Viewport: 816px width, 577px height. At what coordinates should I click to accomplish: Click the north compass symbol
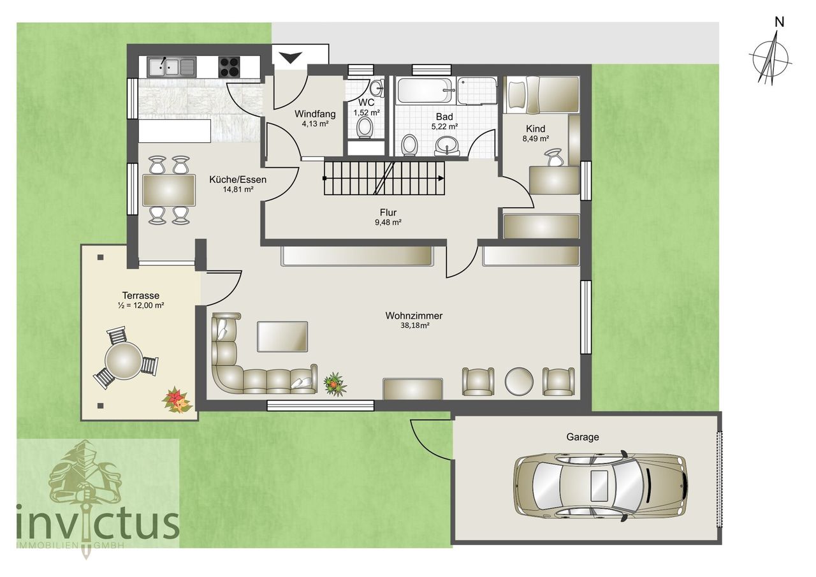(771, 58)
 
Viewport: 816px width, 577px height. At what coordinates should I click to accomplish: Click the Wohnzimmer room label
(414, 316)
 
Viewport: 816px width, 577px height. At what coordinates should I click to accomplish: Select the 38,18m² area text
(414, 326)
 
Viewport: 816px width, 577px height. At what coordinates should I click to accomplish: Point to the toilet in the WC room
(365, 127)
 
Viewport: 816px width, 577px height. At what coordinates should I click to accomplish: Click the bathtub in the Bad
(425, 91)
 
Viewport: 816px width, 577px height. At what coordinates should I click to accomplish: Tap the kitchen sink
(171, 66)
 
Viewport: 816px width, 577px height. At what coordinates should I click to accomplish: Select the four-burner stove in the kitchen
(229, 67)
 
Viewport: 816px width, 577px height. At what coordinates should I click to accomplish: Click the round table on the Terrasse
(124, 361)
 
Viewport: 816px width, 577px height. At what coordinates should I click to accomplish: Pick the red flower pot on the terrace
(177, 400)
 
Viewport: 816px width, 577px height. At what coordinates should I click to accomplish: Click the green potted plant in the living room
(335, 384)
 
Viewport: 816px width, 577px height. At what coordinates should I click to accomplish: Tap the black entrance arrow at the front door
(291, 58)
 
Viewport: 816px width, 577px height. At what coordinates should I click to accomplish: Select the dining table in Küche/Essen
(169, 190)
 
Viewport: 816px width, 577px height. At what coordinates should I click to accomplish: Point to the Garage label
(583, 437)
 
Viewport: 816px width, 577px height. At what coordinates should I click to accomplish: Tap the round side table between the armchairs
(519, 381)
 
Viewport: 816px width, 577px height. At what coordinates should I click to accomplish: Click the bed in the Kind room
(542, 95)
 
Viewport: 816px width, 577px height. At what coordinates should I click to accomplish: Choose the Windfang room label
(310, 114)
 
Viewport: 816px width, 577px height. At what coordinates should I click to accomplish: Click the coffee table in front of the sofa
(282, 336)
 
